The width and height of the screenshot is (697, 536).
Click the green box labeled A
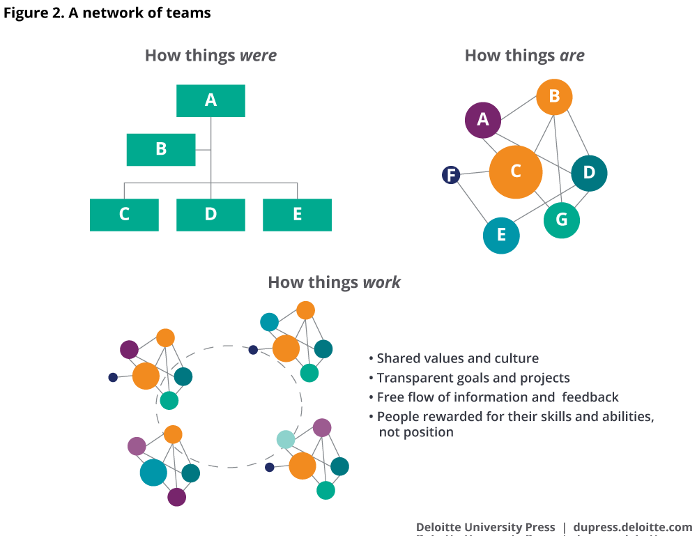coord(210,100)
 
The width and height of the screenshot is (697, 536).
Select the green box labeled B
coord(161,149)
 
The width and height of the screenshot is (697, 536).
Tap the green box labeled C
coord(124,214)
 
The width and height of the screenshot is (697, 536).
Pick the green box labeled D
coord(210,214)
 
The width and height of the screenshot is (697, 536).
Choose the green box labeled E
coord(297,214)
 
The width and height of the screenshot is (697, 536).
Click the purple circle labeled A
coord(483,120)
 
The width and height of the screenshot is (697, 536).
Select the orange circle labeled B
coord(554,97)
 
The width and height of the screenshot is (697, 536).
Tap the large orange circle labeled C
coord(516,171)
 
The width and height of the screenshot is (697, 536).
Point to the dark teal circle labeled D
coord(589,173)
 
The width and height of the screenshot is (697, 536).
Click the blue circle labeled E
coord(501,236)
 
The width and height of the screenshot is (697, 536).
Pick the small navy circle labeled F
coord(451,175)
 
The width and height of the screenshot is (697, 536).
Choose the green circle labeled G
coord(561,220)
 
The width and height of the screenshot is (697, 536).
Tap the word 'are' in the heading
coord(572,56)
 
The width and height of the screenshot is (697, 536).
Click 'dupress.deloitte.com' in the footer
coord(632,527)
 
